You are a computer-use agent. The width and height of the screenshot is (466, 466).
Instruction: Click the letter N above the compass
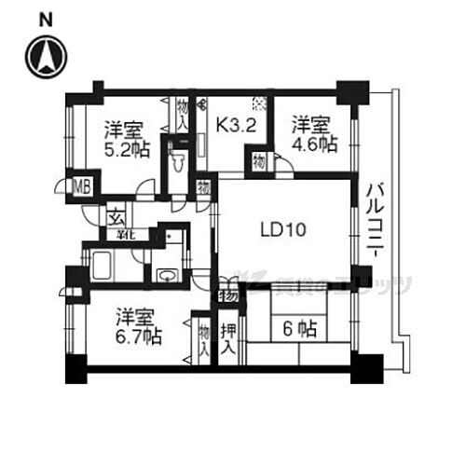click(x=45, y=19)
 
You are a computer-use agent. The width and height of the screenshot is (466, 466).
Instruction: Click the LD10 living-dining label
click(x=277, y=227)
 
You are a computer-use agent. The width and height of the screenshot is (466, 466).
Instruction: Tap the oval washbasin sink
click(x=166, y=275)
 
